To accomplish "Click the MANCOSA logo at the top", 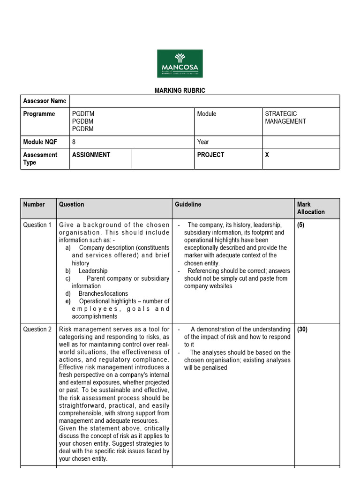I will tap(180, 63).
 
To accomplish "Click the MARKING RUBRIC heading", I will tap(180, 90).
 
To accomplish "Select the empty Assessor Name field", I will tap(204, 101).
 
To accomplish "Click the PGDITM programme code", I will tap(83, 114).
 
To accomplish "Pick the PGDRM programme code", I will tap(83, 129).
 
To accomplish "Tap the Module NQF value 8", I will tap(74, 142).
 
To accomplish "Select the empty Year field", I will tap(300, 142).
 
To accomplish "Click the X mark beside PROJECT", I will tap(267, 155).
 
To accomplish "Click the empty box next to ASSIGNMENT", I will tap(163, 159).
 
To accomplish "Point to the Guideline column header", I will tap(188, 204).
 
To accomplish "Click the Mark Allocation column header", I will tap(311, 208).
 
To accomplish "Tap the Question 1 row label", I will tap(37, 225).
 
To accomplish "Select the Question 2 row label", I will tap(37, 330).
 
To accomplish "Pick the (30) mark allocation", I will tap(302, 330).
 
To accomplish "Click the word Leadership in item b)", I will tap(93, 271).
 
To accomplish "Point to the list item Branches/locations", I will tap(103, 294).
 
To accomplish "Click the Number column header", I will tap(34, 204).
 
